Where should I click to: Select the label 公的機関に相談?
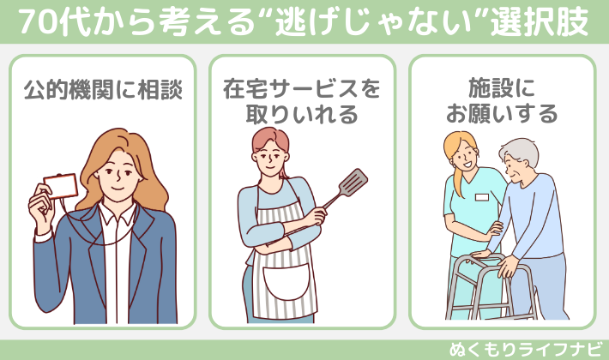(x=103, y=89)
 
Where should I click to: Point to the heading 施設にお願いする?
(x=502, y=101)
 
